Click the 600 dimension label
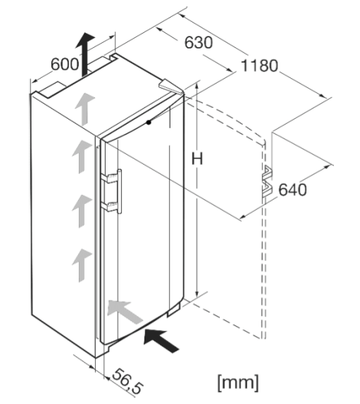click(65, 64)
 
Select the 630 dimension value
click(199, 42)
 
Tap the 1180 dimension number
click(259, 65)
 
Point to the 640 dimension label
click(292, 190)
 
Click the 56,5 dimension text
click(127, 381)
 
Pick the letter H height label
click(197, 158)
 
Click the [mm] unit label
click(237, 383)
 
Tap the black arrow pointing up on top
click(85, 55)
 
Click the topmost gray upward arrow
click(85, 109)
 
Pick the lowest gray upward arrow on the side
click(82, 265)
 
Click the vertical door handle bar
click(119, 191)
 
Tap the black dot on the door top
click(149, 122)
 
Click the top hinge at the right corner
click(170, 87)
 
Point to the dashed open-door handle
click(267, 181)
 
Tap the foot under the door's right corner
click(173, 311)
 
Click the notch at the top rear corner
click(113, 57)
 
